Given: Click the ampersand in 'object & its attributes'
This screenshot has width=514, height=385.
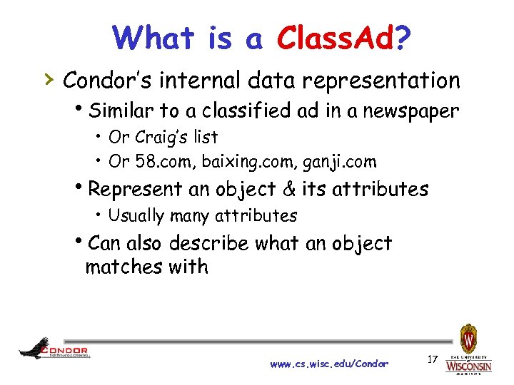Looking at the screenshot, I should pos(289,189).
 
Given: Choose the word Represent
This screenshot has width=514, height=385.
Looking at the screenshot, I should pos(136,190).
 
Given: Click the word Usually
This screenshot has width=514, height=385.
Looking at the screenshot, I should pos(136,215).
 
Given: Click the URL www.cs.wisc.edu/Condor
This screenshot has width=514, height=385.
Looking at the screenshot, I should pos(329,364).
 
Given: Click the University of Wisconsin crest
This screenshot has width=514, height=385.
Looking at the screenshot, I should pos(468,336).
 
